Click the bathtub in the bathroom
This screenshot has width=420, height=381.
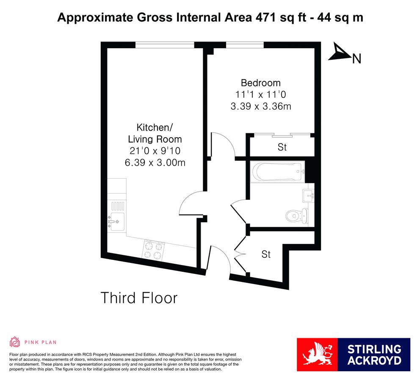(x=277, y=172)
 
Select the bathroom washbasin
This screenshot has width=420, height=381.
(x=308, y=195)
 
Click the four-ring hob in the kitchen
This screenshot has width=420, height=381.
(x=154, y=250)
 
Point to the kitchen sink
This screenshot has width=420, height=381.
(x=116, y=221)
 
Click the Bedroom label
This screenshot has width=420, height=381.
(x=260, y=83)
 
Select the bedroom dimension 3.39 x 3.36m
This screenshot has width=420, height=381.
(x=260, y=107)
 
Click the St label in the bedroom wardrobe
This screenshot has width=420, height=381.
(x=282, y=147)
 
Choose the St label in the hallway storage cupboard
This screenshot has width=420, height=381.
(x=266, y=254)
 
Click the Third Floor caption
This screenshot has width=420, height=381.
(x=139, y=298)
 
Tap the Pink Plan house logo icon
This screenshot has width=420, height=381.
(x=15, y=342)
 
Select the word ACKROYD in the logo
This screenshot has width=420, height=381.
(x=374, y=361)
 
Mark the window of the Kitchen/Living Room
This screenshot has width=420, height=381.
(x=165, y=44)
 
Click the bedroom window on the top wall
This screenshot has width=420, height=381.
(x=245, y=44)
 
